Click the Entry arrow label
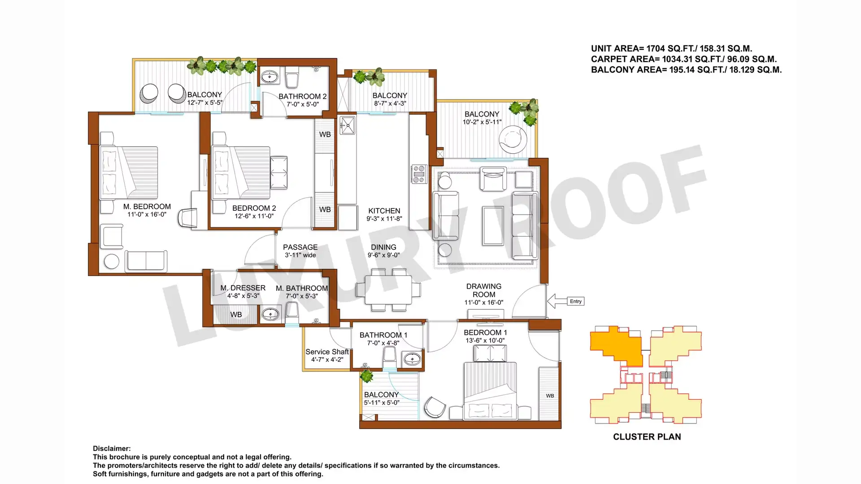click(x=576, y=301)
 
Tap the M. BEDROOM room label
click(x=147, y=207)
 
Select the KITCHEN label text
click(x=384, y=211)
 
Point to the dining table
click(x=388, y=290)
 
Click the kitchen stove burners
click(x=419, y=174)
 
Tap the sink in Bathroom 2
click(x=270, y=77)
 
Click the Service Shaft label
click(x=327, y=352)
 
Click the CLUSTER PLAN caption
click(x=647, y=437)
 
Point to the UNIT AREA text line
click(x=671, y=48)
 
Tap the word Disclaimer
click(x=112, y=449)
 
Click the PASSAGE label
click(x=300, y=247)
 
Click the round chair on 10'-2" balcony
click(x=513, y=139)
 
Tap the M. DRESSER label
click(x=243, y=288)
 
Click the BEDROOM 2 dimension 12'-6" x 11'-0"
click(x=254, y=216)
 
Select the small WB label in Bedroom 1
click(x=550, y=396)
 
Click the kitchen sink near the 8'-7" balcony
click(x=348, y=125)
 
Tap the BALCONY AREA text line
click(x=686, y=69)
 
